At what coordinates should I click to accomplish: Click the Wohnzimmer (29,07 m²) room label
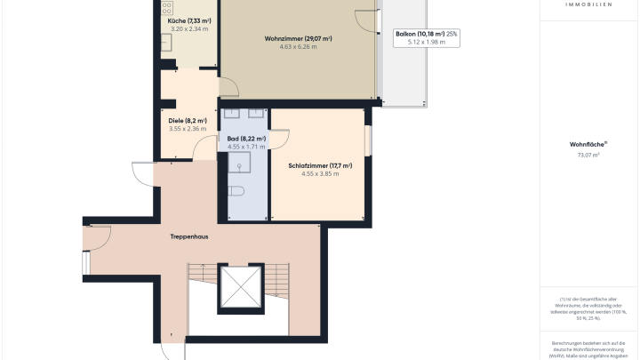pos(298,39)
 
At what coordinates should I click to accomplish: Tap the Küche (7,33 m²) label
pos(189,20)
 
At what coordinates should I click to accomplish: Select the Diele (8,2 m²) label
pos(187,121)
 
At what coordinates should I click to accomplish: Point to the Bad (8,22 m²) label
pos(247,139)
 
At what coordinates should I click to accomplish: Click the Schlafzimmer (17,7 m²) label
pos(320,165)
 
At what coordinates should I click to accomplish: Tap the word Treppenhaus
pos(188,237)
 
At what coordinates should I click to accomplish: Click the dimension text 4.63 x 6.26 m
pos(298,47)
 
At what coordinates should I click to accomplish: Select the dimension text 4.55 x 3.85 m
pos(320,174)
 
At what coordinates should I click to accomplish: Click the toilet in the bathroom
pos(236,191)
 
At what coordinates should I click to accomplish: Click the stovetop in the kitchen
pos(167,8)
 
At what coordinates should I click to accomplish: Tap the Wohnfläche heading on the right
pos(588,144)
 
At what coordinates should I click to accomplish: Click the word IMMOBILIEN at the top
pos(588,4)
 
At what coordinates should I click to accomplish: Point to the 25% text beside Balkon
pos(452,34)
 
